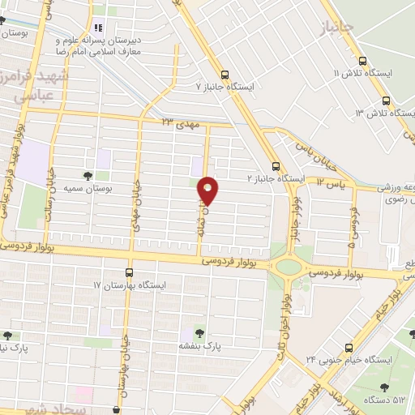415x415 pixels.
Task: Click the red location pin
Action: [209, 190]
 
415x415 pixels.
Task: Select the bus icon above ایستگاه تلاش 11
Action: [362, 61]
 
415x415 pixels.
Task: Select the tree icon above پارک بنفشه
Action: [200, 332]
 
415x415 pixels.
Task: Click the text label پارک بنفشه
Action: [201, 345]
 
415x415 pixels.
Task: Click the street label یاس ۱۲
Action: [331, 184]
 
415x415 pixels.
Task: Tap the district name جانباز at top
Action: [339, 30]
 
